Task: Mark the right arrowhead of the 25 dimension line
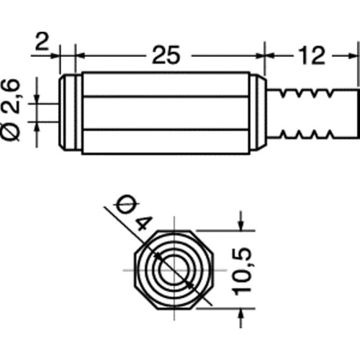tap(260, 53)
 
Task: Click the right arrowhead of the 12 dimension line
tap(354, 53)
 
